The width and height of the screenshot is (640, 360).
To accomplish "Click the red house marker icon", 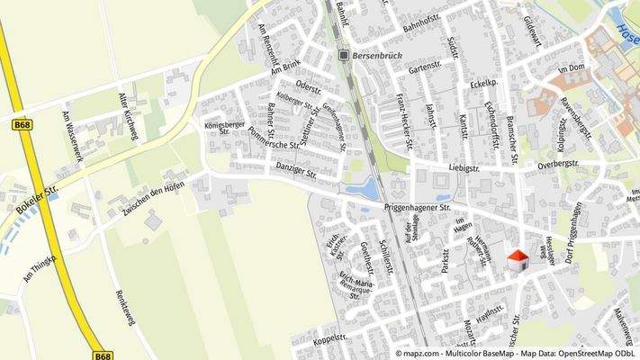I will pyautogui.click(x=518, y=260).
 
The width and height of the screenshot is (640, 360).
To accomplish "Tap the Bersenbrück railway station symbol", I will pyautogui.click(x=343, y=55).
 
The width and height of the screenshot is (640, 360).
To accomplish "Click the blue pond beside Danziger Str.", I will pyautogui.click(x=369, y=189).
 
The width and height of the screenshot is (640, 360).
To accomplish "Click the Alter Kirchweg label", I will pyautogui.click(x=129, y=115).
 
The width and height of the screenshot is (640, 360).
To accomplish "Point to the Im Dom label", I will pyautogui.click(x=572, y=69).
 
